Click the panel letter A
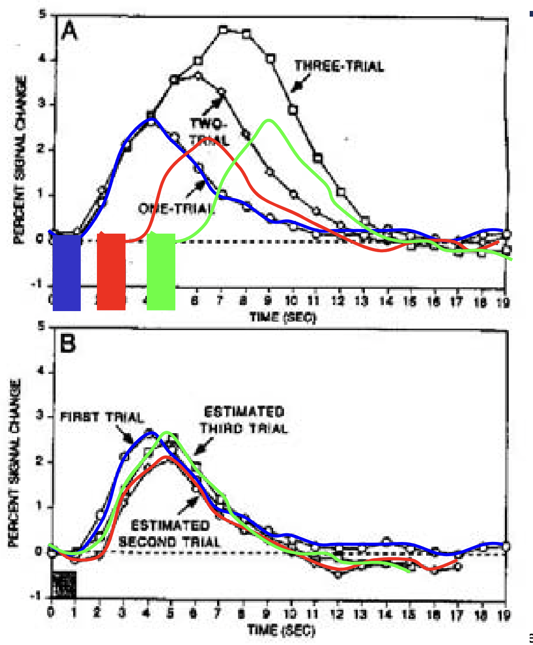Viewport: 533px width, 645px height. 69,32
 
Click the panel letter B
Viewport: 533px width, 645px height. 68,342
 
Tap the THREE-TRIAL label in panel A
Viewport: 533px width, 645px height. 339,66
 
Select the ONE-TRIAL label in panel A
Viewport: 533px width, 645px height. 176,209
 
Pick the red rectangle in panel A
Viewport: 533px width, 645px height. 111,272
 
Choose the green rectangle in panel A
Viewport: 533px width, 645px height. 161,272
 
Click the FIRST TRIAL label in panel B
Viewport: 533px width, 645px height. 102,417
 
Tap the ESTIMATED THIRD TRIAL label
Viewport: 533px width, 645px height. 244,420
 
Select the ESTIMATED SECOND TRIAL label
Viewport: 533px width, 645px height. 170,533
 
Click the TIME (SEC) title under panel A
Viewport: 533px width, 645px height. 283,317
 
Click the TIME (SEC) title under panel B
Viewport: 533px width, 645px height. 281,630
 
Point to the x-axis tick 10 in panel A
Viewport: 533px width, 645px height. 291,300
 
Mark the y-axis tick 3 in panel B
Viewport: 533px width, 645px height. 41,416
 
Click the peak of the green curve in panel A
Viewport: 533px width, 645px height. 269,120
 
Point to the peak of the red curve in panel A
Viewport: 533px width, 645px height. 209,138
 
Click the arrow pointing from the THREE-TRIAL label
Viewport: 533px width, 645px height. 298,85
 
